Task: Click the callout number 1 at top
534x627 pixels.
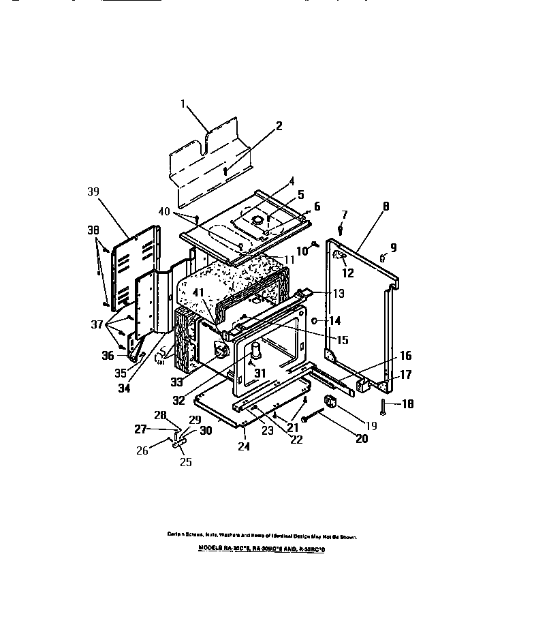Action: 183,104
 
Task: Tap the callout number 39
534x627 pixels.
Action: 94,192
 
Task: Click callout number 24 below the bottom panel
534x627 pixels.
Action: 244,447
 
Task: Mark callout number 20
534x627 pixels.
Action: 361,438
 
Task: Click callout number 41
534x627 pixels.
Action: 198,292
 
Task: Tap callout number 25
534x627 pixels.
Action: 185,462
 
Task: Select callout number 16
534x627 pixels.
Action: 405,356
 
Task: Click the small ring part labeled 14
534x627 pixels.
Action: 314,320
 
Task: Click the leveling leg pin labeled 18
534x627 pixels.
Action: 386,407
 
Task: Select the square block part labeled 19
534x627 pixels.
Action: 330,401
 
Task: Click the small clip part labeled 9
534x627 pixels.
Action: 383,257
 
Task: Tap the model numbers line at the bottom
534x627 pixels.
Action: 262,547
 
